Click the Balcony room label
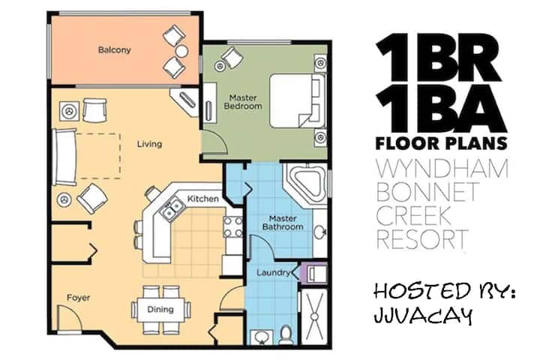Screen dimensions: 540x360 (x=114, y=50)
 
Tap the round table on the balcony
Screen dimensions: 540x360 (x=181, y=51)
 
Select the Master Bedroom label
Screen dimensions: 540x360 (x=243, y=102)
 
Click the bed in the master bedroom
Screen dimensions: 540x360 (x=297, y=100)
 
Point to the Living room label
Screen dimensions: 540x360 (x=149, y=144)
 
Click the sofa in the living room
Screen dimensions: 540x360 (x=64, y=157)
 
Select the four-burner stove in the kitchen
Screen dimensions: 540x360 (x=232, y=226)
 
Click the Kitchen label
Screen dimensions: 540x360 (x=202, y=199)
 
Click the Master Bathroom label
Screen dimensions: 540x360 (x=283, y=223)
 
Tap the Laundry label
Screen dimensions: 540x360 (x=273, y=273)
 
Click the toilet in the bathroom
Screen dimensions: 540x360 (x=286, y=334)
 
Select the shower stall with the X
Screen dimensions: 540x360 (x=314, y=316)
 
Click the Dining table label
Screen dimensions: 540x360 (x=160, y=309)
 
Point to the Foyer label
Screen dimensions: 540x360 (x=78, y=298)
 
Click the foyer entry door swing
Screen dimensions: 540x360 (x=70, y=318)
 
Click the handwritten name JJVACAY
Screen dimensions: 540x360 (x=423, y=315)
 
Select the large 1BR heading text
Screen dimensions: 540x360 (x=439, y=58)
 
